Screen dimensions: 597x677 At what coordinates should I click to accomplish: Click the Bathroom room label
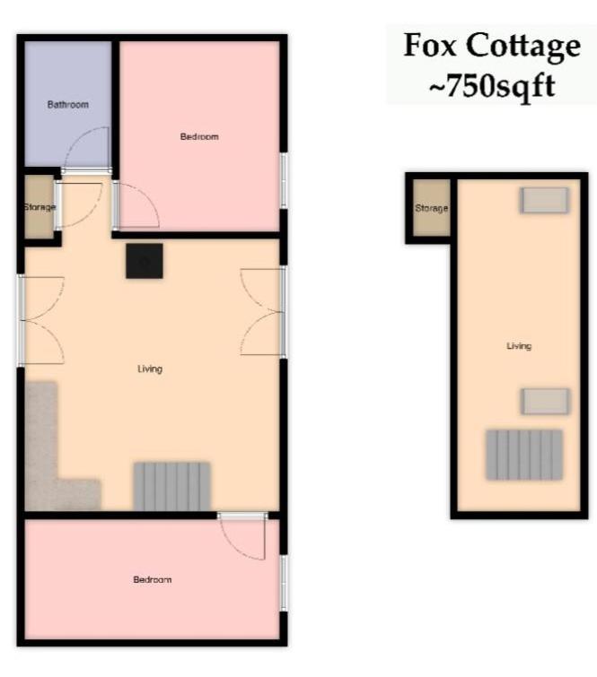pyautogui.click(x=68, y=105)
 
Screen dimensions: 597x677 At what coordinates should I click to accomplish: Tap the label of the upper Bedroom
pyautogui.click(x=199, y=136)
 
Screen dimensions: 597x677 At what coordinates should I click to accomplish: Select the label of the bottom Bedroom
pyautogui.click(x=153, y=579)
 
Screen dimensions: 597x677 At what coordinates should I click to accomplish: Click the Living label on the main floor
pyautogui.click(x=150, y=369)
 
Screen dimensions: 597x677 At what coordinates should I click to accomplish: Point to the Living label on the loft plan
pyautogui.click(x=519, y=346)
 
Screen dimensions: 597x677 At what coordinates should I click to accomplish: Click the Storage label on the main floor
pyautogui.click(x=40, y=207)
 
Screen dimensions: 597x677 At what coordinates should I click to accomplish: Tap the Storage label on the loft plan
pyautogui.click(x=432, y=208)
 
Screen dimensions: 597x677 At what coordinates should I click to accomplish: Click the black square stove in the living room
pyautogui.click(x=145, y=261)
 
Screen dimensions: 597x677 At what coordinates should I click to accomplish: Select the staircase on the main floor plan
pyautogui.click(x=172, y=487)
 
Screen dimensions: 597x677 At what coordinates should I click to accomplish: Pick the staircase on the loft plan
pyautogui.click(x=524, y=455)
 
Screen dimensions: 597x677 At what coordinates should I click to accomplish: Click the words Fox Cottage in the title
pyautogui.click(x=492, y=45)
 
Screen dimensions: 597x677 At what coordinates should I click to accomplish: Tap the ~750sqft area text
pyautogui.click(x=492, y=86)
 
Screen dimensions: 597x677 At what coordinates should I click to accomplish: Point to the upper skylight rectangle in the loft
pyautogui.click(x=544, y=200)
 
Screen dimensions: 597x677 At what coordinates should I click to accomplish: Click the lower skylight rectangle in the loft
pyautogui.click(x=545, y=401)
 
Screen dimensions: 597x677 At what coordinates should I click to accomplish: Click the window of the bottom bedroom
pyautogui.click(x=284, y=583)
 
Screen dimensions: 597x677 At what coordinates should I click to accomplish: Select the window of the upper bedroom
pyautogui.click(x=284, y=180)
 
